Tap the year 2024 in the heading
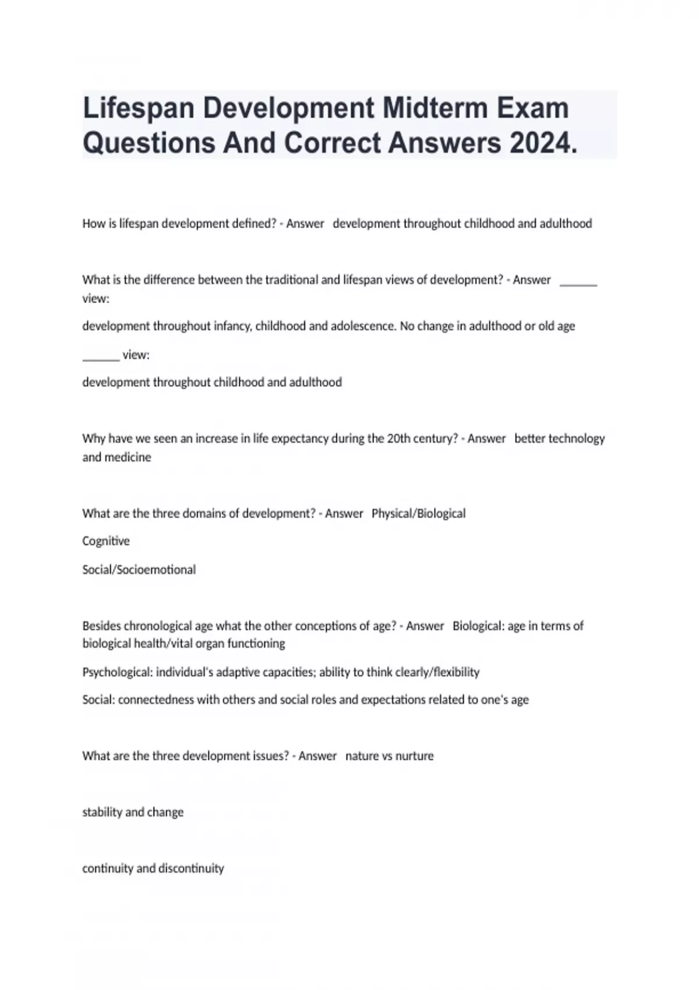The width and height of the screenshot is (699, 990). coord(543,143)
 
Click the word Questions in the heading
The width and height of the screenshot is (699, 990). coord(148,143)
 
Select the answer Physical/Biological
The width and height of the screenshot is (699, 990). coord(418,514)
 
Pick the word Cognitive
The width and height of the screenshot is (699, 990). coord(106,541)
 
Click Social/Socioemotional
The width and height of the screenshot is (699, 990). coord(139,570)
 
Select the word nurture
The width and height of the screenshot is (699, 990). coord(415,756)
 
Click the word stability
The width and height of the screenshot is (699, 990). coord(102,812)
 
